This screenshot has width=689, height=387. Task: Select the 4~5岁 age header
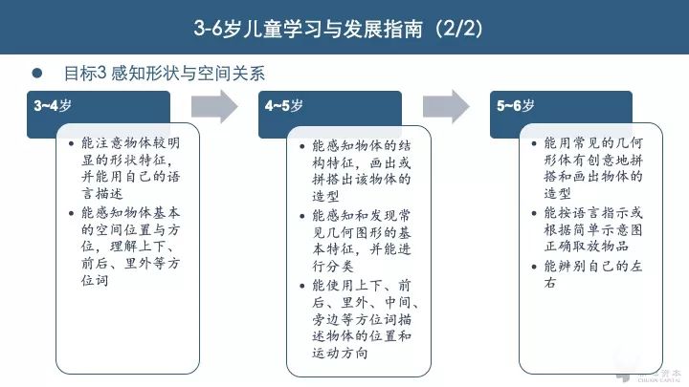click(284, 105)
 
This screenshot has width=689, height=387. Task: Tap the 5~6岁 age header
click(515, 105)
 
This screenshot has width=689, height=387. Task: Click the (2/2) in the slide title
click(456, 29)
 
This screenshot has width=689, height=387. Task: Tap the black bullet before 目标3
click(37, 72)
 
